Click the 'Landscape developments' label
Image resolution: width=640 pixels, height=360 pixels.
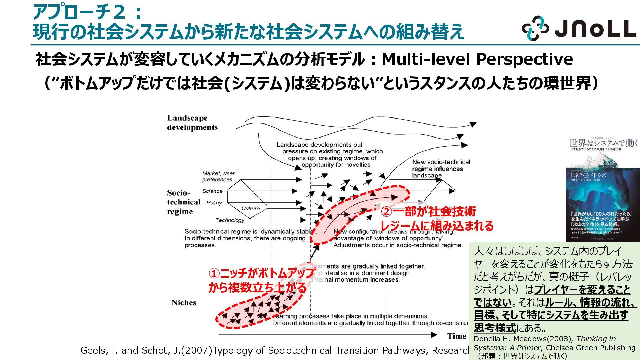pos(192,123)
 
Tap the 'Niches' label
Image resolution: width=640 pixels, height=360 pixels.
pos(184,303)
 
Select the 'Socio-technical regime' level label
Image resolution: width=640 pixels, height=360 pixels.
pos(184,202)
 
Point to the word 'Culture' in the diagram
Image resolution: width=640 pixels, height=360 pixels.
pos(250,209)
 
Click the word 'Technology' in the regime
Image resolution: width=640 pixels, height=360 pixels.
pos(230,220)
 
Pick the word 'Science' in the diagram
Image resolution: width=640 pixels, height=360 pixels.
pos(212,191)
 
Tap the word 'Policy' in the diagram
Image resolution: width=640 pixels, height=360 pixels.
pos(214,203)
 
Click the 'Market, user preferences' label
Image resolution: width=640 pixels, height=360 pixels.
pos(218,176)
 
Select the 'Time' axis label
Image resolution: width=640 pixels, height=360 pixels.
pos(456,336)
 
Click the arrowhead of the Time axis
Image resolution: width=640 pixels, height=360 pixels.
pos(434,335)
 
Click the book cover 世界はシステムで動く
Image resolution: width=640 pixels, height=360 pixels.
pos(603,190)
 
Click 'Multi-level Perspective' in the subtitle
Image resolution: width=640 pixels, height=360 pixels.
pos(477,59)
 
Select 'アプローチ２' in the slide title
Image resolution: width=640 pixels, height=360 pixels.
pos(79,13)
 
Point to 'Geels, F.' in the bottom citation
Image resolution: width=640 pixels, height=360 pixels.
pos(99,351)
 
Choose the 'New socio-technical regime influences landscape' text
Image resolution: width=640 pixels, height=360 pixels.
pos(441,169)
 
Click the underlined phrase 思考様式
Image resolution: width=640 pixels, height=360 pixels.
pos(495,328)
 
